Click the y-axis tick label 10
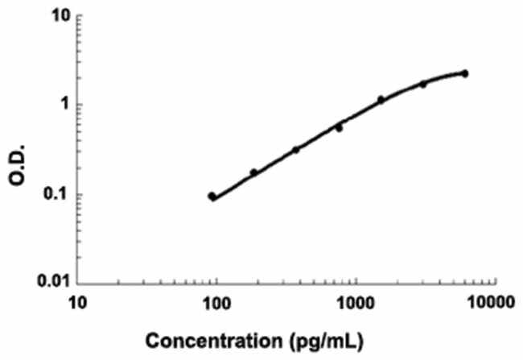[x=56, y=17]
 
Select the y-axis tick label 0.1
[x=53, y=194]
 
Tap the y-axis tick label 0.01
[x=49, y=283]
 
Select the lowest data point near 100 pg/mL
[x=212, y=197]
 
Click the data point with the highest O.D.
[x=464, y=73]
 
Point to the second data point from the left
[x=254, y=172]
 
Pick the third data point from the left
[x=296, y=150]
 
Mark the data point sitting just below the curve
[x=339, y=128]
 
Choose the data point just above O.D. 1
[x=381, y=100]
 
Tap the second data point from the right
[x=422, y=84]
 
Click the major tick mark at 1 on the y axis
[x=79, y=106]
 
